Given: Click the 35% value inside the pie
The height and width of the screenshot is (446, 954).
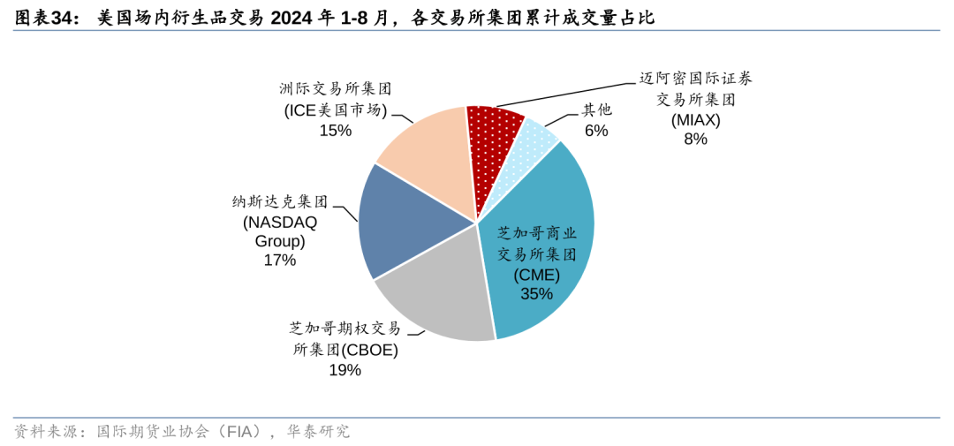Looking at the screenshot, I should point(536,294).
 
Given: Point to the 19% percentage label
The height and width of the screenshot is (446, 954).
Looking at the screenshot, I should point(344,370).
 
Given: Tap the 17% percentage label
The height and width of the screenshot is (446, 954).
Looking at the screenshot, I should point(279,261).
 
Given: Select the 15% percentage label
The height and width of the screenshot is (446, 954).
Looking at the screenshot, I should point(336,131).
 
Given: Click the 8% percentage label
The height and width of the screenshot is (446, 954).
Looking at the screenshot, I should point(695,139).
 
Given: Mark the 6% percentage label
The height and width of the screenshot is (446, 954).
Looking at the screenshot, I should point(596,131).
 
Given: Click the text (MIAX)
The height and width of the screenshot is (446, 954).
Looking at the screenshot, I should point(695,119).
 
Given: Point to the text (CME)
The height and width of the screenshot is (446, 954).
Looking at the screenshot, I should point(536,275).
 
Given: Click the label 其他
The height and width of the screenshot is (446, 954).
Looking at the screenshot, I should point(596,110).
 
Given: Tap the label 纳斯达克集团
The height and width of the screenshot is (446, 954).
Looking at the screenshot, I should point(279,201).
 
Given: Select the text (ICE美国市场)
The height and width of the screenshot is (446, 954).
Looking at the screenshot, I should point(336,110).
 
